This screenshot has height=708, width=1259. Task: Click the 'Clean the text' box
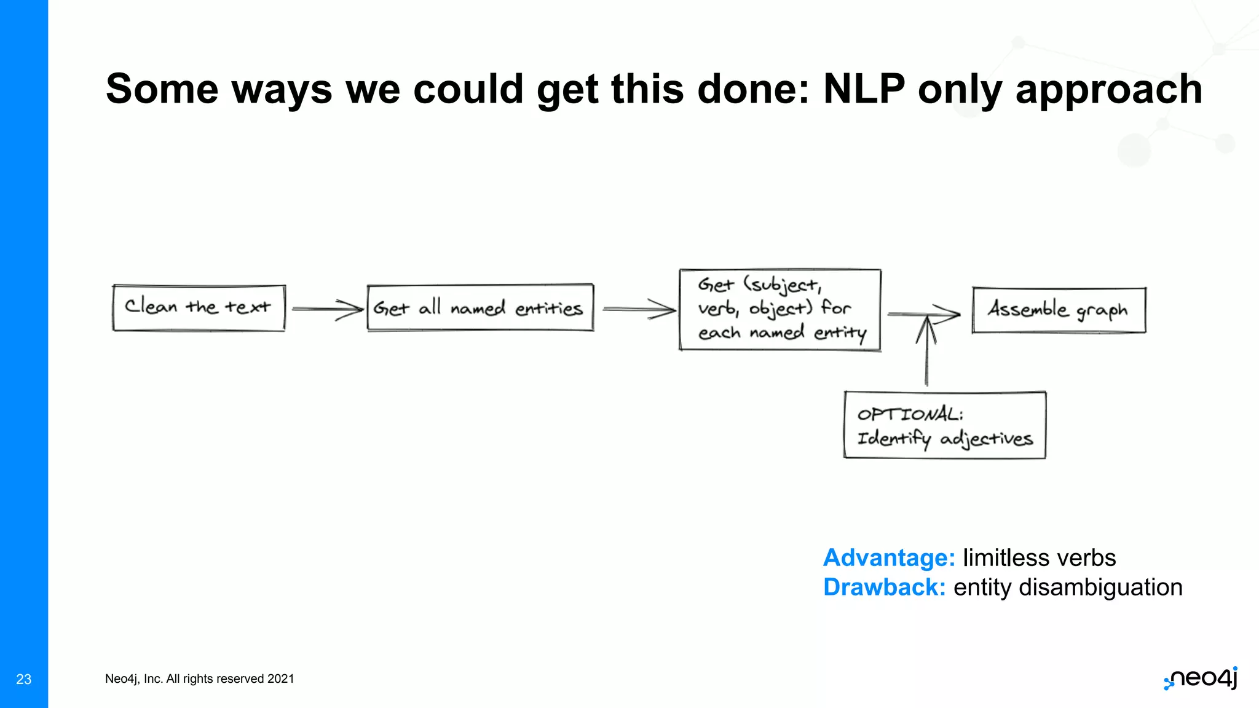(x=199, y=307)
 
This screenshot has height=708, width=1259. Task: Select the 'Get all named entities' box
(x=480, y=307)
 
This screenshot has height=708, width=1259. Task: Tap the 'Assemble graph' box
(x=1059, y=310)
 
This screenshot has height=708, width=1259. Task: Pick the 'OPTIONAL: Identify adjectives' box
(x=944, y=425)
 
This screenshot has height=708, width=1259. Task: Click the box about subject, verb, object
(x=779, y=310)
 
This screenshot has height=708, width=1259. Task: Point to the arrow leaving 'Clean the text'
(x=327, y=309)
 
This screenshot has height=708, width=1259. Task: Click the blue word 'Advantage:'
(x=889, y=558)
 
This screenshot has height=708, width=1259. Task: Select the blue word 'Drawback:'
(x=884, y=588)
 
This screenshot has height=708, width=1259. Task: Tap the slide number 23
(x=24, y=679)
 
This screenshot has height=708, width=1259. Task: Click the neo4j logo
(x=1201, y=678)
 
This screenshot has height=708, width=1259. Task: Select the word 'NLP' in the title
(x=864, y=89)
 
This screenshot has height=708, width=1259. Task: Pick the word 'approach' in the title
(x=1108, y=89)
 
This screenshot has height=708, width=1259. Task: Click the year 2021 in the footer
(x=281, y=679)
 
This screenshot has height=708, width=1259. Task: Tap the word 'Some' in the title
(x=162, y=89)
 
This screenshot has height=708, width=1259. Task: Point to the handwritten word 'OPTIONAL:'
(x=910, y=414)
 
